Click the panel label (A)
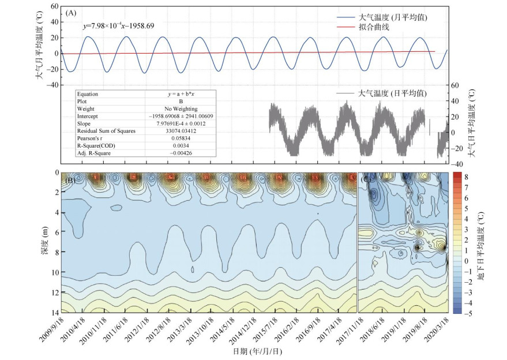tap(72, 12)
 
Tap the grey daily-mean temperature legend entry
tap(392, 93)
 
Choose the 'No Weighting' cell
tap(180, 108)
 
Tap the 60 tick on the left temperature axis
tap(55, 6)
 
